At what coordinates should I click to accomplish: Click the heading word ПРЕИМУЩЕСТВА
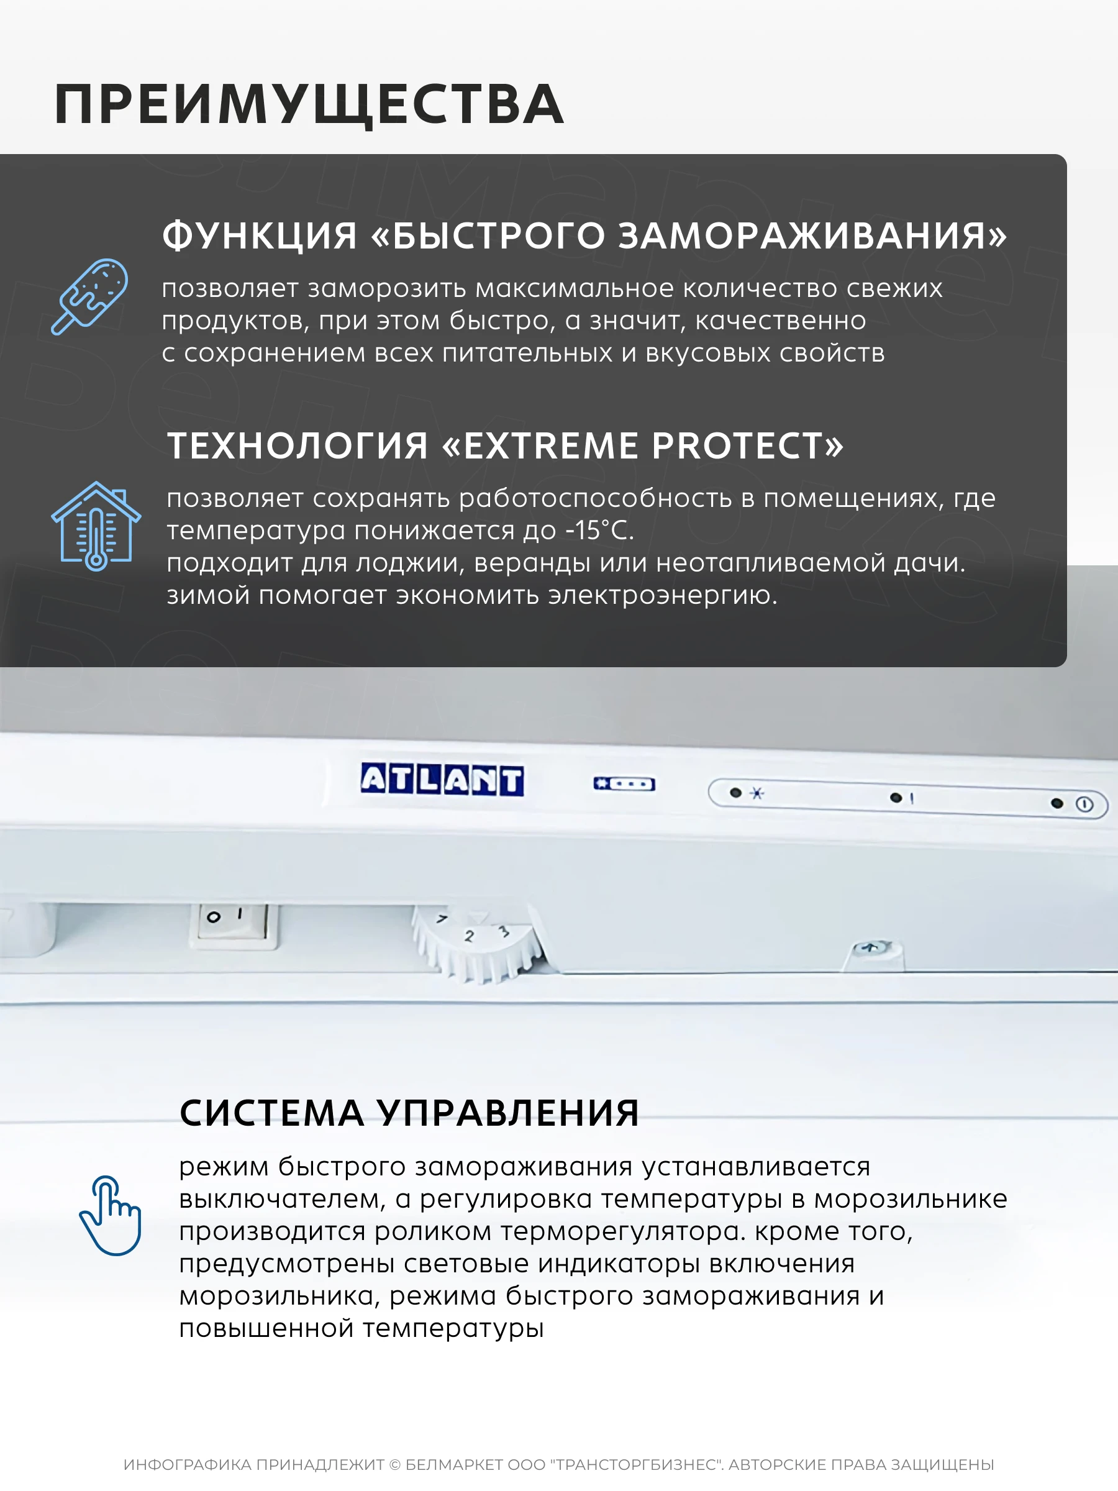(x=309, y=105)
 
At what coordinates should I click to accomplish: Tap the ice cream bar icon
(x=89, y=296)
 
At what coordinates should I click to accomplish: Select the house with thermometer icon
(x=96, y=526)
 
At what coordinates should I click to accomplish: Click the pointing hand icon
(x=110, y=1215)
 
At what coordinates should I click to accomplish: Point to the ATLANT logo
(x=442, y=780)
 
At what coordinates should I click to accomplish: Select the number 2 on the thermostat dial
(x=469, y=936)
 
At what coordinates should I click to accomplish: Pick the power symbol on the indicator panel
(x=1084, y=804)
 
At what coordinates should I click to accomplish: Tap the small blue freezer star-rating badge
(x=624, y=784)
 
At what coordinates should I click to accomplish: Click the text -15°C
(x=599, y=531)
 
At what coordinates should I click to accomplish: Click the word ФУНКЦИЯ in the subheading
(x=260, y=236)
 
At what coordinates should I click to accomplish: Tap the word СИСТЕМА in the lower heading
(x=271, y=1113)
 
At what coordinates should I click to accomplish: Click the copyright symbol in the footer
(x=395, y=1465)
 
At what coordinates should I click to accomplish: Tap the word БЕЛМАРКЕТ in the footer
(x=454, y=1465)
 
